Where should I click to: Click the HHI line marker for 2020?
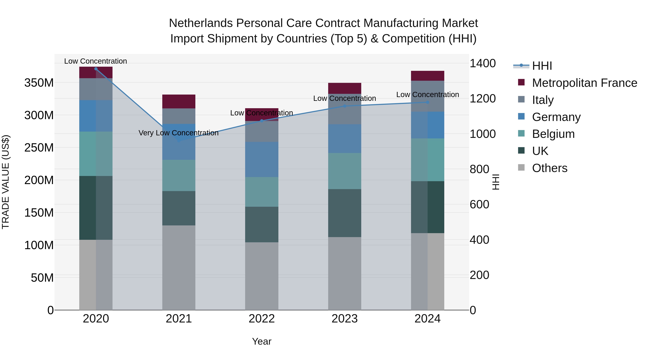pyautogui.click(x=96, y=69)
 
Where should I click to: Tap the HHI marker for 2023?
pyautogui.click(x=345, y=106)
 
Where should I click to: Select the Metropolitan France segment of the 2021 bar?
pyautogui.click(x=179, y=102)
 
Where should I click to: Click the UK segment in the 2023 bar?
pyautogui.click(x=345, y=213)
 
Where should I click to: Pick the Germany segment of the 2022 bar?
pyautogui.click(x=261, y=159)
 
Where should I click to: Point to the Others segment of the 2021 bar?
pyautogui.click(x=179, y=267)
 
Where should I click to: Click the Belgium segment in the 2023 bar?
pyautogui.click(x=345, y=171)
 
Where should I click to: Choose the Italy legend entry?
pyautogui.click(x=543, y=100)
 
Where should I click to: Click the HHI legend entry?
pyautogui.click(x=542, y=66)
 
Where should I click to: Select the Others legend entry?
pyautogui.click(x=550, y=168)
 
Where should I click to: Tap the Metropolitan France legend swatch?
pyautogui.click(x=521, y=82)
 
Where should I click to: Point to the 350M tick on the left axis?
pyautogui.click(x=39, y=83)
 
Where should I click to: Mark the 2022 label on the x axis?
pyautogui.click(x=261, y=319)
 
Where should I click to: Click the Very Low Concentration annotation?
pyautogui.click(x=179, y=133)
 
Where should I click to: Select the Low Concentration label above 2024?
pyautogui.click(x=428, y=95)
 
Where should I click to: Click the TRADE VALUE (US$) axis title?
pyautogui.click(x=6, y=182)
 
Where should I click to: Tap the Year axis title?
pyautogui.click(x=261, y=341)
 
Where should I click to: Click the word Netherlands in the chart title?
pyautogui.click(x=201, y=23)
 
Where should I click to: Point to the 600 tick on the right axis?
pyautogui.click(x=479, y=205)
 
